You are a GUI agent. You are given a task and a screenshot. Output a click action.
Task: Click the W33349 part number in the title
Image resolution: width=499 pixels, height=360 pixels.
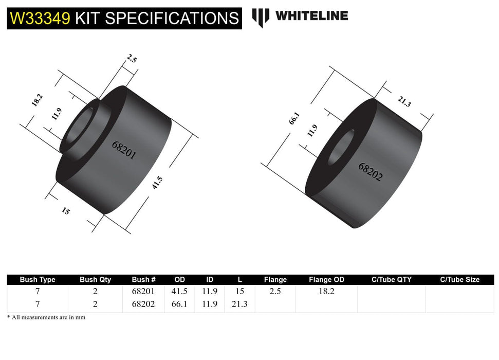40,19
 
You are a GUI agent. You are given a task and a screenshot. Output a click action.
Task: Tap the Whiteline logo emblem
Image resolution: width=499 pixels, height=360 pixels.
261,17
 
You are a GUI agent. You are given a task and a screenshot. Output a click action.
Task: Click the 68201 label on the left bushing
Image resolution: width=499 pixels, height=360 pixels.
124,150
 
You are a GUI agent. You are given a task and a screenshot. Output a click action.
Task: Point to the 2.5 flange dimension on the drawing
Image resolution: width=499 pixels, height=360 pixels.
131,59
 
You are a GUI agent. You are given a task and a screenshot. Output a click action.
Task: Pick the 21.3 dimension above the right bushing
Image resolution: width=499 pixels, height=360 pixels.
404,102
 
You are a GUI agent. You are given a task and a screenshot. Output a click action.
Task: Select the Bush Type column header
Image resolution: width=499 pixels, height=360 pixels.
38,280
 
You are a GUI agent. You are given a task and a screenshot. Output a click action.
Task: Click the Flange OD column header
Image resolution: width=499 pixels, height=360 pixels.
326,280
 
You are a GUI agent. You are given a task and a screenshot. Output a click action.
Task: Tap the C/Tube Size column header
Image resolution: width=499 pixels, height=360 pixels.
459,280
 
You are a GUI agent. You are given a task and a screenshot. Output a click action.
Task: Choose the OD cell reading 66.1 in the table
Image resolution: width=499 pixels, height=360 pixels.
179,304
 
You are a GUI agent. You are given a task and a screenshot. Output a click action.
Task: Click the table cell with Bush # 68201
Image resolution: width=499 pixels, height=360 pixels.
143,291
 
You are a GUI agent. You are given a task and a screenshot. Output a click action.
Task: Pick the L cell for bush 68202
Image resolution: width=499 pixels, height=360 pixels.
239,304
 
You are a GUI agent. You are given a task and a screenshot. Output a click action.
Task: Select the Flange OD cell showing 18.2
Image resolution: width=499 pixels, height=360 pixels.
326,291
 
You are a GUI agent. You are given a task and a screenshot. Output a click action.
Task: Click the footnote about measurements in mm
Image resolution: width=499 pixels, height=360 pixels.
46,317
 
